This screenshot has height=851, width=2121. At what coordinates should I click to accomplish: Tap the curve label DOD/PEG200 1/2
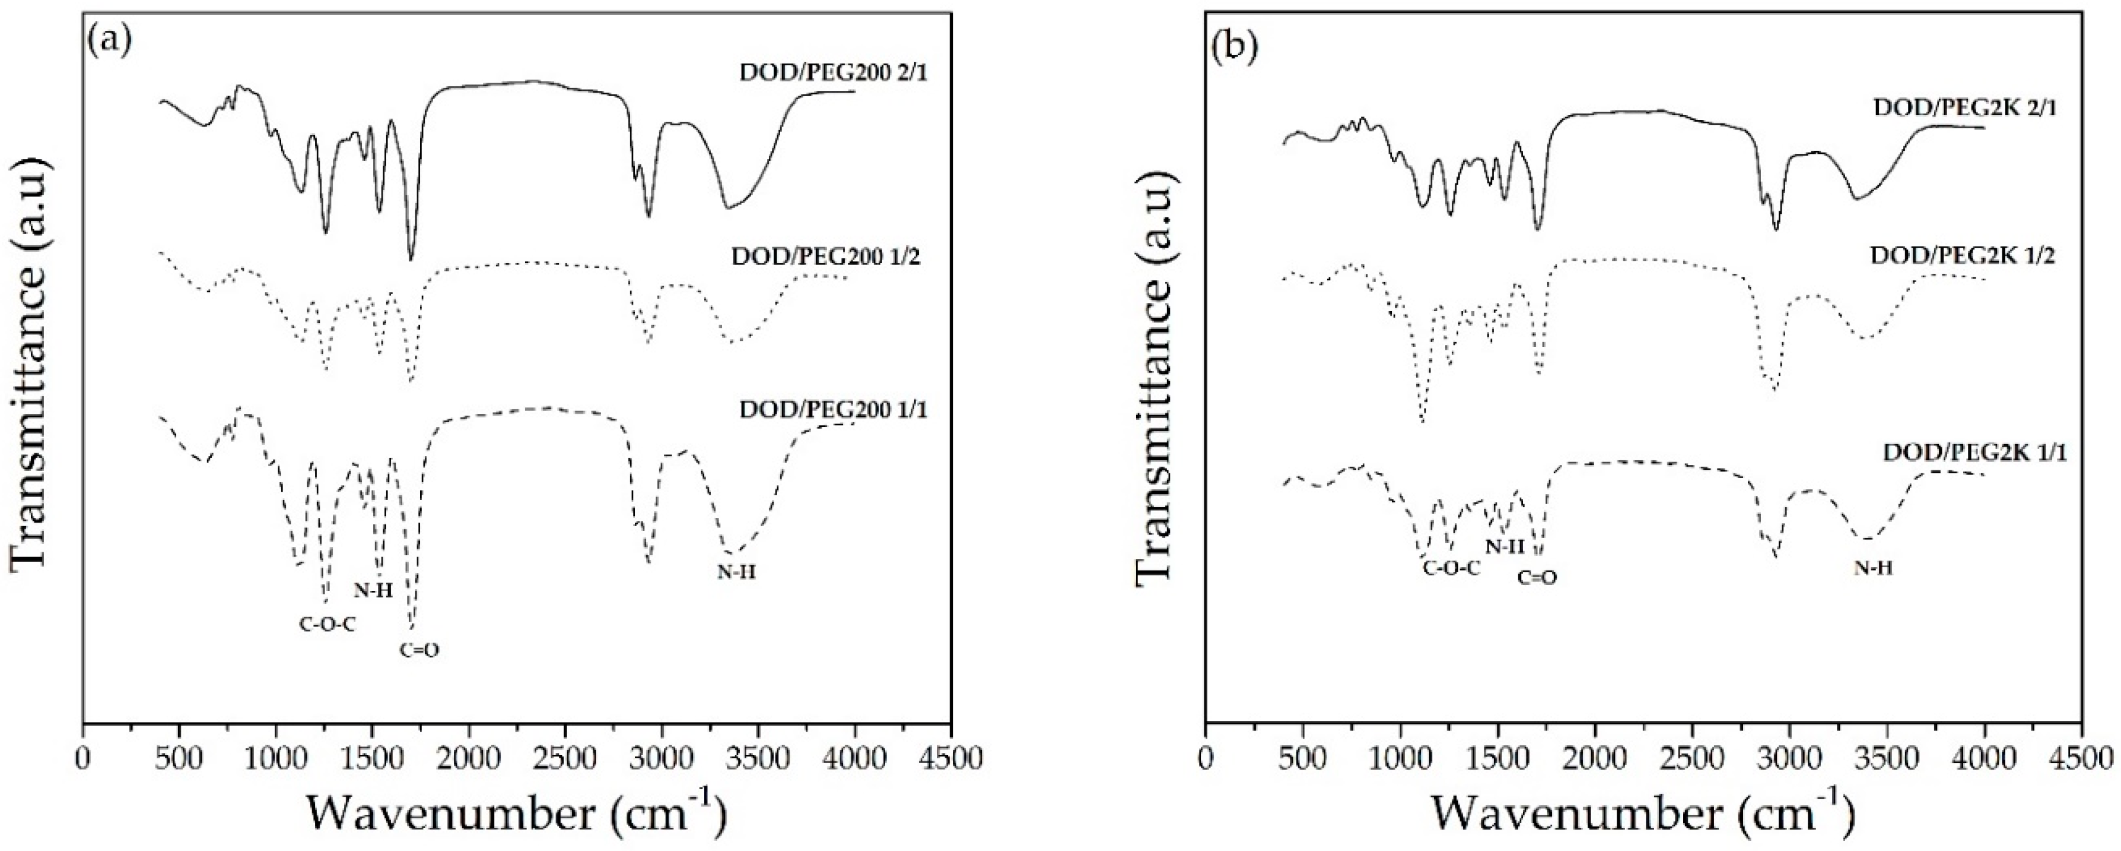point(826,257)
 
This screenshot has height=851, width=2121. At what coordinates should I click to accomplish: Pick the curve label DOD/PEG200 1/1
point(833,409)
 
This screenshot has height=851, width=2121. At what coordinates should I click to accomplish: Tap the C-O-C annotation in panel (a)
point(327,625)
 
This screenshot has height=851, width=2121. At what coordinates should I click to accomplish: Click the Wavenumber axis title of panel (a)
point(517,813)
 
